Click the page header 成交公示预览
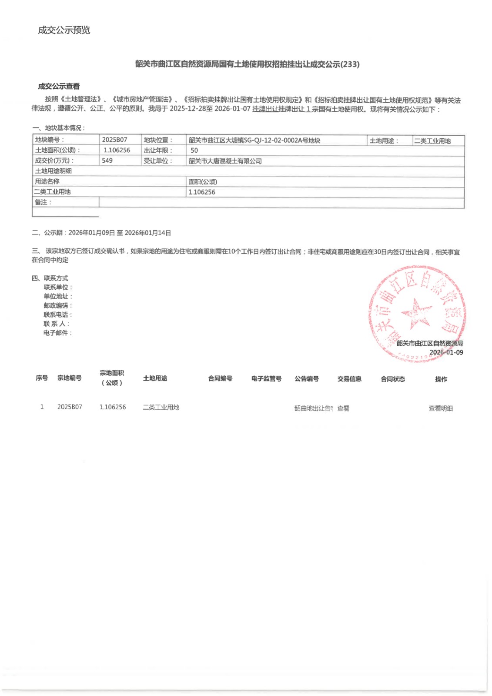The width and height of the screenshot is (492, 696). (64, 30)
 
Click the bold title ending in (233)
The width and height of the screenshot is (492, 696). (247, 64)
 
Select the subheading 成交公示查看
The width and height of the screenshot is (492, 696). (59, 87)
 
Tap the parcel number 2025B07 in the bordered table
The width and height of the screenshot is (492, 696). (114, 140)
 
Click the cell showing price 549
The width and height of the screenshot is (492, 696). (107, 161)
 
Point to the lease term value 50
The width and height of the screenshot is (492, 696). (194, 151)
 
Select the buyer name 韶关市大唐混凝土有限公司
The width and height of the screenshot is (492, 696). (225, 161)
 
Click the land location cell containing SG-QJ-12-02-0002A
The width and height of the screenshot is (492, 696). (254, 141)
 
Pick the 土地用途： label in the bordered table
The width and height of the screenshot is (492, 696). (384, 141)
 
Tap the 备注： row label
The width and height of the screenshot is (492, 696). (43, 202)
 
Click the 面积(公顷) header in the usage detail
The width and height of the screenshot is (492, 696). (203, 182)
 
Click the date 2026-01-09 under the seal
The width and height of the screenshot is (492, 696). (446, 352)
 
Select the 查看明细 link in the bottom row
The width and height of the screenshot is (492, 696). (441, 408)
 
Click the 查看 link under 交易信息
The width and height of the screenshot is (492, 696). (343, 408)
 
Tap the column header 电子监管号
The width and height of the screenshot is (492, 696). (266, 378)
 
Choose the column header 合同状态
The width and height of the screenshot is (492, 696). (392, 379)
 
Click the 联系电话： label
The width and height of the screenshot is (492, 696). (58, 315)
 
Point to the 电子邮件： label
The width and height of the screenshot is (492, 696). (58, 333)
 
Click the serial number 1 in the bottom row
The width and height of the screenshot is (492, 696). (42, 407)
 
